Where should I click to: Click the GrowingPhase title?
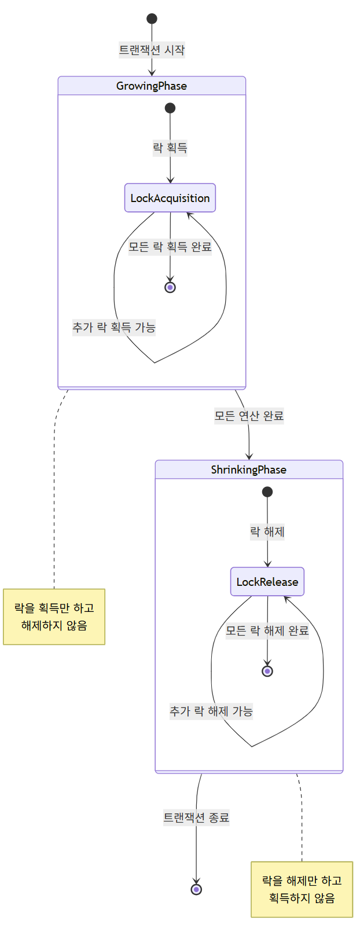(152, 86)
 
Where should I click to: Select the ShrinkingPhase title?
(249, 470)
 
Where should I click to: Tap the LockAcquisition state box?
(170, 198)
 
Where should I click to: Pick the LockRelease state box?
(267, 582)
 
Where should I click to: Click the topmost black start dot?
(152, 19)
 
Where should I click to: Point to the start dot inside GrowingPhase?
(170, 108)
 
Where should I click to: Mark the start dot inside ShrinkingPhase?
(267, 492)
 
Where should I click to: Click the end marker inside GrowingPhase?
(170, 287)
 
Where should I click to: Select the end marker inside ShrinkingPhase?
(267, 671)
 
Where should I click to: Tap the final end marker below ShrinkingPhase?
(197, 889)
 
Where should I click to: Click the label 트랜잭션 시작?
(152, 50)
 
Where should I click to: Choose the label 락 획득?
(170, 148)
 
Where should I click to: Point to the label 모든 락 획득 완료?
(170, 247)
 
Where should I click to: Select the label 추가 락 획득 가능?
(114, 328)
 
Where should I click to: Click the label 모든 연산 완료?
(249, 416)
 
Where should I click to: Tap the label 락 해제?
(267, 532)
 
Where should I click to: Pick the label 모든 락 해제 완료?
(267, 631)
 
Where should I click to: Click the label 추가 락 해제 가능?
(211, 711)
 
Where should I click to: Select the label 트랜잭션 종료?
(197, 818)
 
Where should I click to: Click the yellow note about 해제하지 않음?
(54, 617)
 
